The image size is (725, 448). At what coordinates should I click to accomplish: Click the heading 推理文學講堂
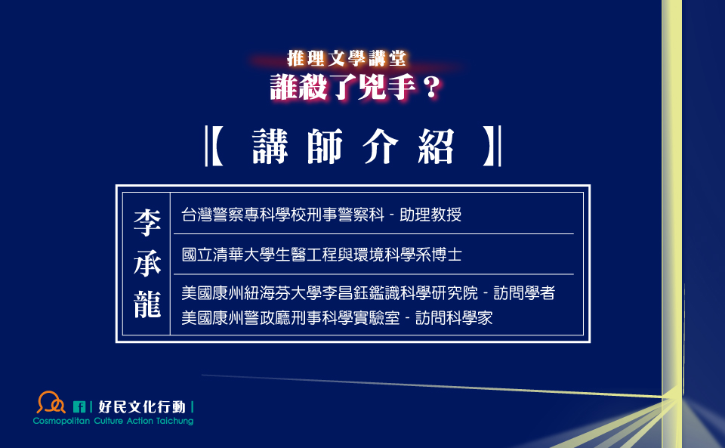pyautogui.click(x=347, y=59)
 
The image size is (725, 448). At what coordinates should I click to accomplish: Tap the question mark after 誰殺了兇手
pyautogui.click(x=432, y=87)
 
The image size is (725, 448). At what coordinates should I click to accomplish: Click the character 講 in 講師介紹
pyautogui.click(x=270, y=147)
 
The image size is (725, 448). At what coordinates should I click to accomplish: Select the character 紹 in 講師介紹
pyautogui.click(x=436, y=147)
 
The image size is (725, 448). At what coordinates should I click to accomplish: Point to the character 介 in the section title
pyautogui.click(x=381, y=147)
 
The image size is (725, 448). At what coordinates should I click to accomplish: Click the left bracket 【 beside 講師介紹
pyautogui.click(x=214, y=146)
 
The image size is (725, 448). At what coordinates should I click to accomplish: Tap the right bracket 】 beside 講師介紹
pyautogui.click(x=492, y=146)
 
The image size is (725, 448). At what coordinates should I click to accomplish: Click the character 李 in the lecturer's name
pyautogui.click(x=147, y=223)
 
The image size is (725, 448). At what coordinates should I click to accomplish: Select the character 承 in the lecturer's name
pyautogui.click(x=147, y=264)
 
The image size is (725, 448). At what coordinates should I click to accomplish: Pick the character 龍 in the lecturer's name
pyautogui.click(x=147, y=304)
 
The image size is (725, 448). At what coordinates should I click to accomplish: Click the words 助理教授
pyautogui.click(x=430, y=215)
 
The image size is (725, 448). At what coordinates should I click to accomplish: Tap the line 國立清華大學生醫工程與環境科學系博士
pyautogui.click(x=322, y=255)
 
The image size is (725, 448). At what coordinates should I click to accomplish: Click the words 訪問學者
pyautogui.click(x=524, y=293)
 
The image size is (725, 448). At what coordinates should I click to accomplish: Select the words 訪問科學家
pyautogui.click(x=454, y=318)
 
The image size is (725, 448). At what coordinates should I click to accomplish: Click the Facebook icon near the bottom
pyautogui.click(x=79, y=407)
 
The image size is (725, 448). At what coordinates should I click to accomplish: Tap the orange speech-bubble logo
pyautogui.click(x=51, y=402)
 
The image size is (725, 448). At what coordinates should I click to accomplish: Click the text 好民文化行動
pyautogui.click(x=142, y=407)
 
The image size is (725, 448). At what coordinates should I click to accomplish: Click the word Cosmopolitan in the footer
pyautogui.click(x=61, y=422)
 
